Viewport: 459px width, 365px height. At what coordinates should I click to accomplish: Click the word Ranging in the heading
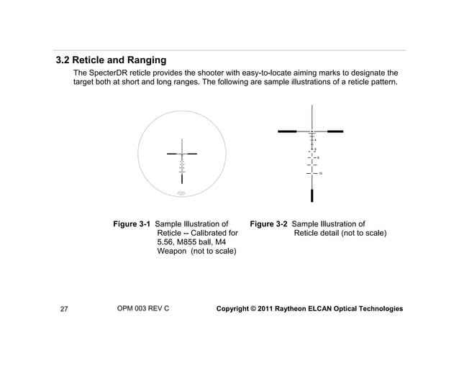pyautogui.click(x=142, y=60)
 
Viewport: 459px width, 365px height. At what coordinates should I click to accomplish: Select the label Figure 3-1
pyautogui.click(x=132, y=224)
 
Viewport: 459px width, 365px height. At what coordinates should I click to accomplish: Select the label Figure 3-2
pyautogui.click(x=269, y=224)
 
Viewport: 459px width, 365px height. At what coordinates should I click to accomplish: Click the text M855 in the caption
pyautogui.click(x=190, y=243)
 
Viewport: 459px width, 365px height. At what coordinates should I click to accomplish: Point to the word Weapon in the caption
pyautogui.click(x=172, y=252)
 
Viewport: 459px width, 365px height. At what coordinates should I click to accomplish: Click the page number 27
pyautogui.click(x=64, y=310)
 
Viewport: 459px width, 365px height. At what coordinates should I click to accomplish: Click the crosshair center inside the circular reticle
pyautogui.click(x=182, y=154)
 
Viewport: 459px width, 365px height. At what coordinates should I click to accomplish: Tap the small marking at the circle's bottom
pyautogui.click(x=181, y=193)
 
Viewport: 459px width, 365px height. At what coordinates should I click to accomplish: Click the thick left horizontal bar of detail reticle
pyautogui.click(x=287, y=131)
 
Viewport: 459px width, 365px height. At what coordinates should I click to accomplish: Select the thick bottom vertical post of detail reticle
pyautogui.click(x=312, y=195)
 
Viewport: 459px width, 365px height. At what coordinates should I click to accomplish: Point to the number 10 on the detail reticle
pyautogui.click(x=320, y=174)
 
